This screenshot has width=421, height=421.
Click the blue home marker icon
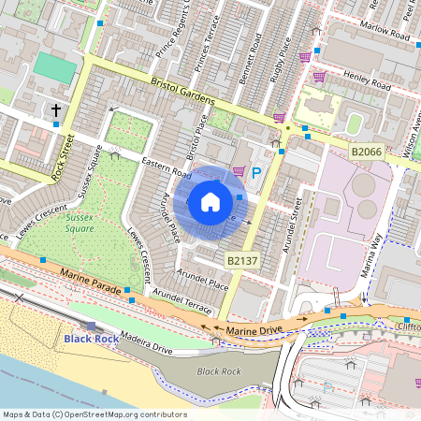210,201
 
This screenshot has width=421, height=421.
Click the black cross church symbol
56,111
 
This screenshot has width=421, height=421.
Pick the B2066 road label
368,150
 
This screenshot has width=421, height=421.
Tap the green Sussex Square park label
80,222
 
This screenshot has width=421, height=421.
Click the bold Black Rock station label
90,338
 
